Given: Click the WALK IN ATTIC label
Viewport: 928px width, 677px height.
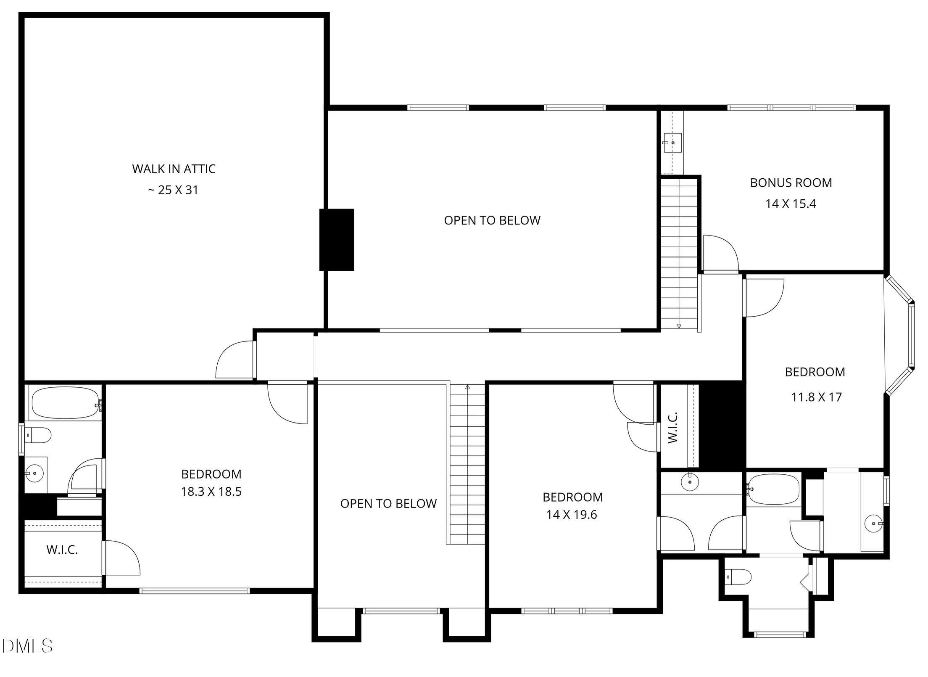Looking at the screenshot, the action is pos(174,169).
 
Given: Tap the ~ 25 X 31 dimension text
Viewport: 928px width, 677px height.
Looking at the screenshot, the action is pos(173,190).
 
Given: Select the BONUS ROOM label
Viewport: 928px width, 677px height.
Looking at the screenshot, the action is pos(791,183).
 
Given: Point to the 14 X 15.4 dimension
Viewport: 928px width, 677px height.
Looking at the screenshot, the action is pos(791,204).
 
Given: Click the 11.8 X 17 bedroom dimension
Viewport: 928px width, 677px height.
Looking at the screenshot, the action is pos(816,397).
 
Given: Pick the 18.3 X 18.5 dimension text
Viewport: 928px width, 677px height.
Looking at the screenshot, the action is pos(211,492).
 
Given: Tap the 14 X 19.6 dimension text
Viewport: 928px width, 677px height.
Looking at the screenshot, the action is pos(572,515).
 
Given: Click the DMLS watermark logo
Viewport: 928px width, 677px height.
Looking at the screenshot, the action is pos(27,646).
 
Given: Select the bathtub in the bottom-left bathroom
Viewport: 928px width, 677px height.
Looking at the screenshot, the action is pos(66,403).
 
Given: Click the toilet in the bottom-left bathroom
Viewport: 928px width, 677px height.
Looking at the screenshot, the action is pos(38,435).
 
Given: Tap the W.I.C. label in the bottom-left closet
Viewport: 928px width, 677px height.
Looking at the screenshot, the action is pos(62,550).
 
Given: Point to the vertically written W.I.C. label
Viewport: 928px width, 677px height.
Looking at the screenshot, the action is pos(673,428).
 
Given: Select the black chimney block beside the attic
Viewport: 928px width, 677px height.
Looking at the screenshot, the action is pos(337,240).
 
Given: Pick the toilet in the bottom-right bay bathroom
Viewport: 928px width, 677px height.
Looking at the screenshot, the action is pos(738,577).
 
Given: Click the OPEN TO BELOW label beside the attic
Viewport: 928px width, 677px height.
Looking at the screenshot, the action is pos(492,220).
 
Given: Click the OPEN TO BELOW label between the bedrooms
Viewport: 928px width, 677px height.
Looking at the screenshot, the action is pos(388,504).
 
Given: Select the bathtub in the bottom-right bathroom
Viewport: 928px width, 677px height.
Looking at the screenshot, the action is pos(774,489).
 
